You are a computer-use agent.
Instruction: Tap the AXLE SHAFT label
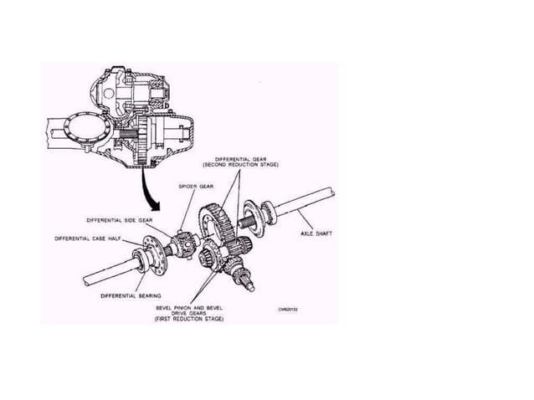316,233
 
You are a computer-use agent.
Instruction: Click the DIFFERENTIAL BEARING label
131,295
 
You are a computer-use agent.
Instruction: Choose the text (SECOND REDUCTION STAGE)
247,165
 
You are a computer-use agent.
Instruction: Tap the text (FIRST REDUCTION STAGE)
189,320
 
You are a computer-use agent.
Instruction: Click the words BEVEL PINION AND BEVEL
189,307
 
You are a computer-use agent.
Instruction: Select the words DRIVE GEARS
189,313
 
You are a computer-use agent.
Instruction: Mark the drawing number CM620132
289,309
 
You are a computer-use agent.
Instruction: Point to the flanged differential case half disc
156,253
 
